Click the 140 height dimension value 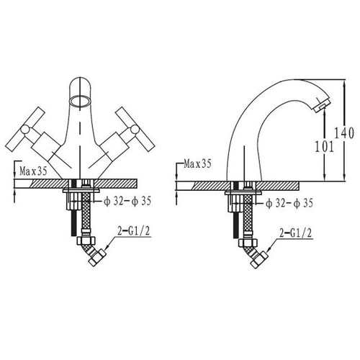pyautogui.click(x=344, y=132)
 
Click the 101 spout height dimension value pyautogui.click(x=324, y=146)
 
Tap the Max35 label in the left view pyautogui.click(x=33, y=171)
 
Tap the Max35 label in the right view pyautogui.click(x=197, y=164)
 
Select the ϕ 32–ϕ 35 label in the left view pyautogui.click(x=127, y=201)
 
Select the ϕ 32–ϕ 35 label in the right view pyautogui.click(x=289, y=203)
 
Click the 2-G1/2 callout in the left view pyautogui.click(x=134, y=231)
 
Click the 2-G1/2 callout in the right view pyautogui.click(x=296, y=233)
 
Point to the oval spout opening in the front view pyautogui.click(x=80, y=101)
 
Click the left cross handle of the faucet pyautogui.click(x=25, y=129)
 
